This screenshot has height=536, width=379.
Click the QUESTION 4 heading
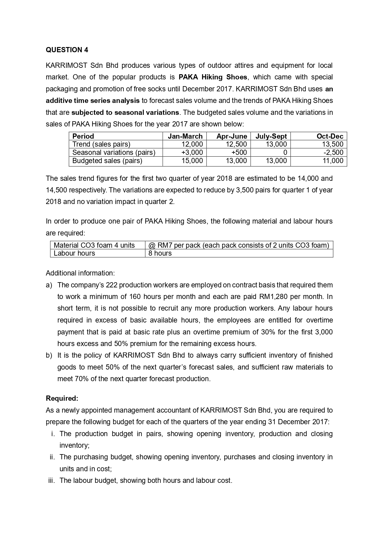click(67, 50)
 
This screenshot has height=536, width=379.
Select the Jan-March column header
click(185, 136)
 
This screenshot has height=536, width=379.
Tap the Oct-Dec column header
click(330, 136)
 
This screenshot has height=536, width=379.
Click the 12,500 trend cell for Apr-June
click(236, 144)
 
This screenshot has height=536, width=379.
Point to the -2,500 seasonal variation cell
click(333, 152)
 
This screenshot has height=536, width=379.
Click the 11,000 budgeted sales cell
click(333, 161)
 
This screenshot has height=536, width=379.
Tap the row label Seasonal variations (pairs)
click(114, 152)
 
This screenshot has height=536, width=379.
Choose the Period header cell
click(83, 136)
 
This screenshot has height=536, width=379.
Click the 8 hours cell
click(160, 253)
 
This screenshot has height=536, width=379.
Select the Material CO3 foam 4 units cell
click(94, 245)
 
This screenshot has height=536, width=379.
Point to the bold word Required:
click(62, 398)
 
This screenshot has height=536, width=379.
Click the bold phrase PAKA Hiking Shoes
click(213, 77)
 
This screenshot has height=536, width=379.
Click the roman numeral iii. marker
click(52, 480)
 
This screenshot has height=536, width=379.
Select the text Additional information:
click(80, 273)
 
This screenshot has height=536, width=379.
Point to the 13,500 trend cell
click(333, 144)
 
